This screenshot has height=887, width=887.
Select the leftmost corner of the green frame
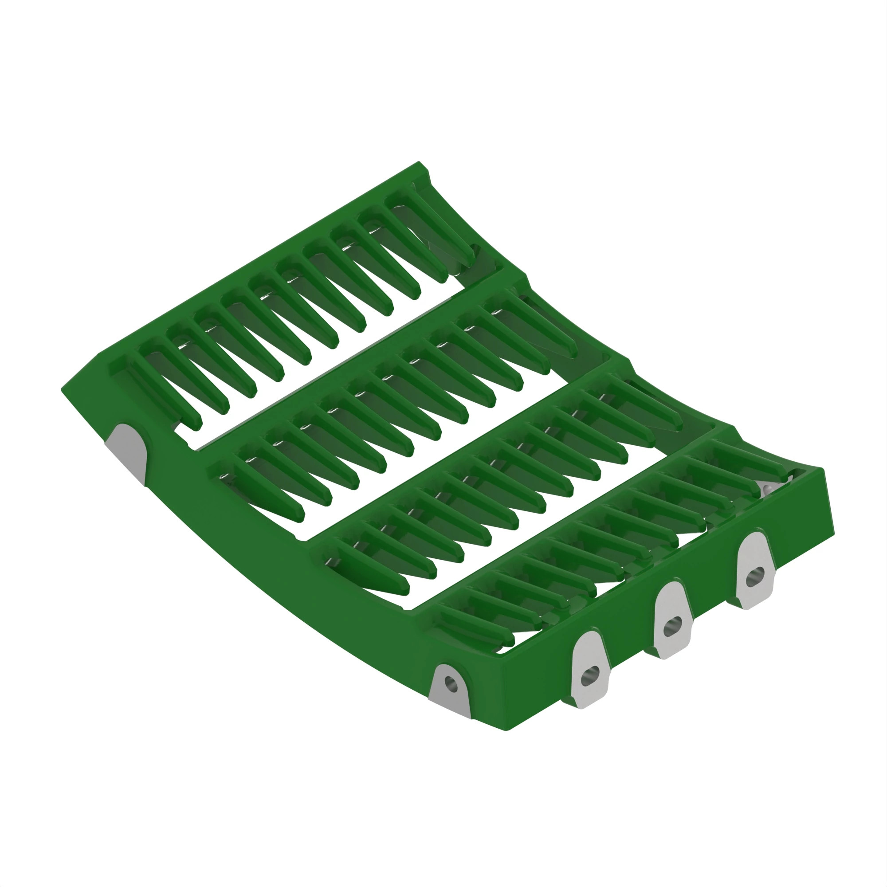62,390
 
